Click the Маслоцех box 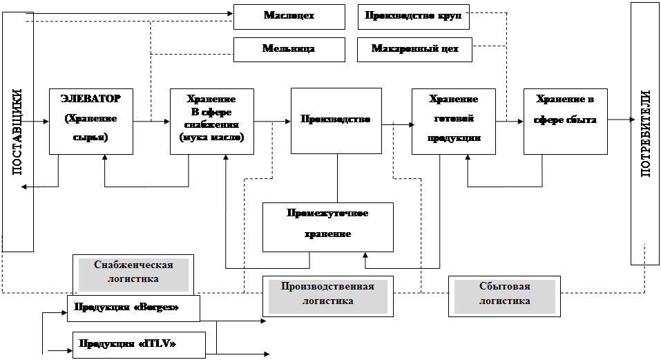pyautogui.click(x=289, y=17)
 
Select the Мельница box pyautogui.click(x=289, y=49)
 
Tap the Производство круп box pyautogui.click(x=414, y=17)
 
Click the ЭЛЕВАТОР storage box pyautogui.click(x=90, y=121)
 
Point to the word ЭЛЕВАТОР pyautogui.click(x=90, y=100)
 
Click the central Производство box pyautogui.click(x=336, y=120)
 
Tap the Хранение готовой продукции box pyautogui.click(x=453, y=121)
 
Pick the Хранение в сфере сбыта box pyautogui.click(x=566, y=121)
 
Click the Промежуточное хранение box pyautogui.click(x=328, y=227)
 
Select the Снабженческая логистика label pyautogui.click(x=133, y=272)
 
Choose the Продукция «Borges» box pyautogui.click(x=133, y=308)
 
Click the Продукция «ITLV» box pyautogui.click(x=139, y=344)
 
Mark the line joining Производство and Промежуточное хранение pyautogui.click(x=336, y=178)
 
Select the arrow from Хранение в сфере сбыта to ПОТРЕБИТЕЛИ pyautogui.click(x=620, y=120)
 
